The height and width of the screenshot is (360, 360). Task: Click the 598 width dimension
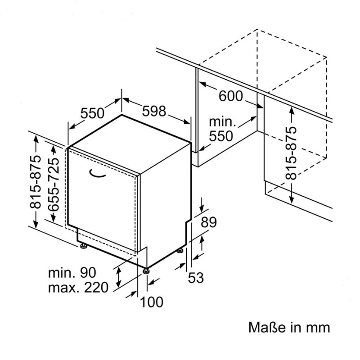tap(154, 111)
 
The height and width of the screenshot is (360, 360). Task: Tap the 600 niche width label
tap(231, 96)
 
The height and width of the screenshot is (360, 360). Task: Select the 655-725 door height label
tap(54, 184)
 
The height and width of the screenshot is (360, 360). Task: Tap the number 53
tap(196, 278)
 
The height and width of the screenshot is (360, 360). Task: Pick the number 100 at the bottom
tap(151, 302)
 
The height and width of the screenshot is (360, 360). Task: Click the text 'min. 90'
tap(72, 272)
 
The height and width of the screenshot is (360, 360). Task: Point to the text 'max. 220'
tap(79, 287)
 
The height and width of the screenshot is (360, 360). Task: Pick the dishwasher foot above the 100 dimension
tap(147, 270)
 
